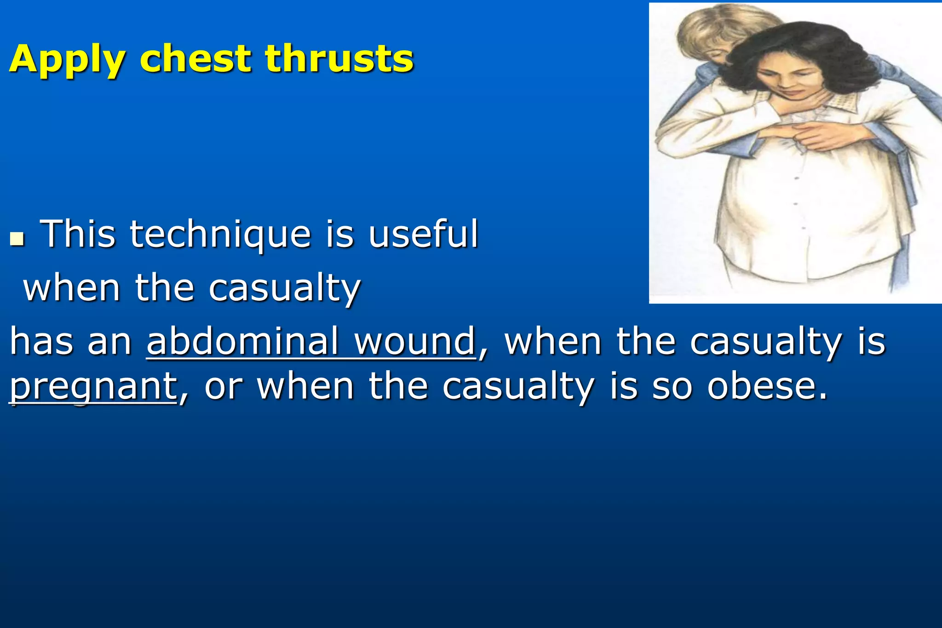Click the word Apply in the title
tap(67, 59)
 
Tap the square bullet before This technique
tap(17, 239)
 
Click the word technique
tap(220, 234)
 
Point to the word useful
tap(423, 234)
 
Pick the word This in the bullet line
tap(78, 234)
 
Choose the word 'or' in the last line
tap(223, 387)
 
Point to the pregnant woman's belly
tap(800, 207)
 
